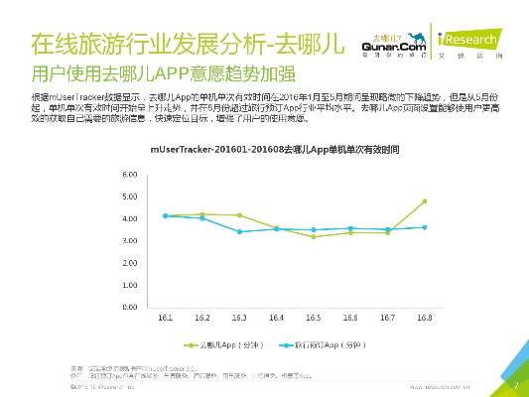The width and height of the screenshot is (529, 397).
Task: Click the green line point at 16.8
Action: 425,201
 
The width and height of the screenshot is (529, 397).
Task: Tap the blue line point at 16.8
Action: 425,227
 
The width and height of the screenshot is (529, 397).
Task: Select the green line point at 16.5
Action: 314,236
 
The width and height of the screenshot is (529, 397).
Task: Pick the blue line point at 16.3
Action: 239,231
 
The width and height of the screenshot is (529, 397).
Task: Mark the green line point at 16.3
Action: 239,215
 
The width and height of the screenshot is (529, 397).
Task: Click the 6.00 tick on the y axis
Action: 130,175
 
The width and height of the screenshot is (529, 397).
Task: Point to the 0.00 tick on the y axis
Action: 130,308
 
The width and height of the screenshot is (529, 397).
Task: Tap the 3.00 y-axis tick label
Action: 130,241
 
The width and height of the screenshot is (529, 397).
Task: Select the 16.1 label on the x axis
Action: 165,318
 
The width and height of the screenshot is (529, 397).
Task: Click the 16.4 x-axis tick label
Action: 276,318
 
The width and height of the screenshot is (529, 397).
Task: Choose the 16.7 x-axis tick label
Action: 387,318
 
